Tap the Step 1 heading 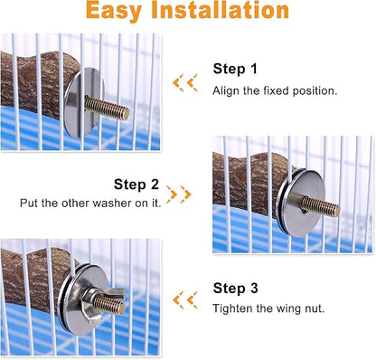(235, 69)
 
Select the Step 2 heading (137, 183)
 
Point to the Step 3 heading (235, 289)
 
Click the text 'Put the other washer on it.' (90, 204)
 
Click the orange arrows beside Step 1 (185, 83)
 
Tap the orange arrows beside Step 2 (179, 194)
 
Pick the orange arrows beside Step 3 (185, 298)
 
